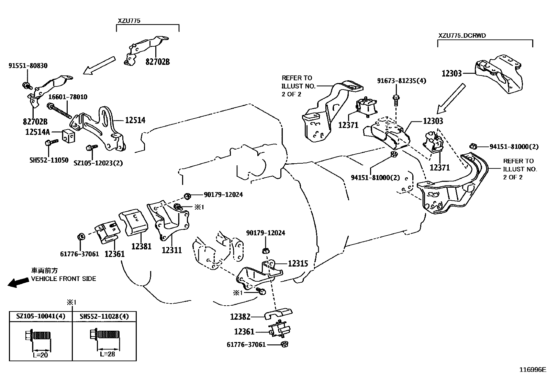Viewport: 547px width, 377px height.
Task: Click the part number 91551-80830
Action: coord(28,66)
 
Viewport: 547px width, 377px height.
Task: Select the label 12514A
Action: coord(37,132)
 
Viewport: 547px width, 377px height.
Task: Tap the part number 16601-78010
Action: coord(68,97)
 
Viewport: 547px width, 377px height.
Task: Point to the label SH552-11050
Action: coord(49,160)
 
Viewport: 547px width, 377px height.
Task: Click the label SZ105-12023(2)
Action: coord(98,163)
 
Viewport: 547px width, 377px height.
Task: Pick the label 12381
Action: coord(142,246)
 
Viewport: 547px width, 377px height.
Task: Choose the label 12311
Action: coord(172,250)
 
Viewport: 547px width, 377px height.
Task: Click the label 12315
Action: coord(298,263)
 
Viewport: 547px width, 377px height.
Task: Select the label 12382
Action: coord(240,317)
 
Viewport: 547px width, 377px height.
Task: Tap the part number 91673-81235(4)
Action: coord(402,81)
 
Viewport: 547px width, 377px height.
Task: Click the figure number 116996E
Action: coord(533,370)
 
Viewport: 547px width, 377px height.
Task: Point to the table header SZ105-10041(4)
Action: coord(41,316)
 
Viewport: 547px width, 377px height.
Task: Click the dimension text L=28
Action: coord(108,354)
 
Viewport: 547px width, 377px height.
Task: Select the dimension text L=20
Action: coord(41,355)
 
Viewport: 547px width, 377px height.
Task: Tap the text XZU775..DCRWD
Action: coord(462,36)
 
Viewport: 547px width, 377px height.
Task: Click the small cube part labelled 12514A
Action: coord(69,136)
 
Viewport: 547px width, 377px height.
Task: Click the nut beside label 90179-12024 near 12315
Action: coord(266,251)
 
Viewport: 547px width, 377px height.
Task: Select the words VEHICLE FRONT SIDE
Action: coord(64,279)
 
